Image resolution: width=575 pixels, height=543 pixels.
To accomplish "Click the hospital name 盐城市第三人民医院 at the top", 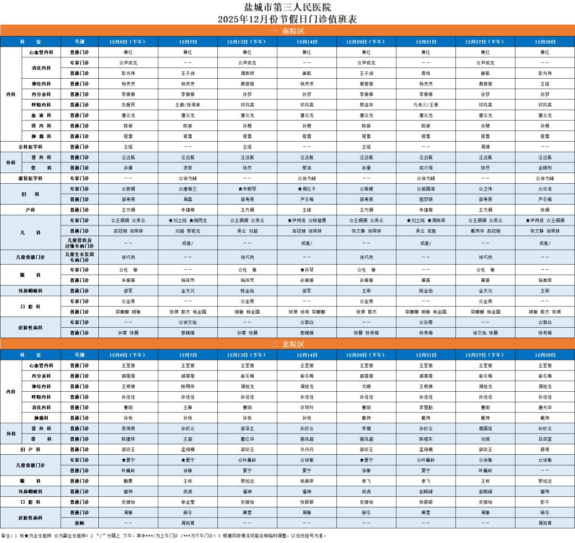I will pyautogui.click(x=287, y=7).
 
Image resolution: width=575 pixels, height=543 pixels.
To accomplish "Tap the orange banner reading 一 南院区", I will pyautogui.click(x=287, y=31).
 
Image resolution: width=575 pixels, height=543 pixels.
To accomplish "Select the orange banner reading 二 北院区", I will pyautogui.click(x=287, y=344).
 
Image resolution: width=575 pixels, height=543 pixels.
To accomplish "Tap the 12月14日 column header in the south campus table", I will pyautogui.click(x=307, y=42).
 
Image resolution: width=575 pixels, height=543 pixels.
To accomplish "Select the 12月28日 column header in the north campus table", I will pyautogui.click(x=545, y=355).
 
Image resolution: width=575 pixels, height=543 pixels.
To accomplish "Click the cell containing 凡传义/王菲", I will pyautogui.click(x=426, y=105).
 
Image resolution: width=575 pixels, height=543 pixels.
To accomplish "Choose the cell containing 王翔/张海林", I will pyautogui.click(x=188, y=105).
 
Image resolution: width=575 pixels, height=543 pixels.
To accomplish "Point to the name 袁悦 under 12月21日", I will pyautogui.click(x=426, y=73).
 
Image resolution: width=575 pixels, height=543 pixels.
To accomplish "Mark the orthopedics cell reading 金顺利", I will pyautogui.click(x=545, y=168).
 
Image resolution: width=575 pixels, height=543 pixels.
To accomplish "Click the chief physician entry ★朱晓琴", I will pyautogui.click(x=247, y=189).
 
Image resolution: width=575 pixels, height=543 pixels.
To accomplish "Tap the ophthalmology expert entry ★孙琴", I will pyautogui.click(x=307, y=270).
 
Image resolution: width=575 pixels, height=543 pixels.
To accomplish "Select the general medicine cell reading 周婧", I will pyautogui.click(x=485, y=147).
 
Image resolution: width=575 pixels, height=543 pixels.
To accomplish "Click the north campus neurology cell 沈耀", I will pyautogui.click(x=366, y=386).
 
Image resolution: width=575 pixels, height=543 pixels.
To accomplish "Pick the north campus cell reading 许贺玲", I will pyautogui.click(x=307, y=407).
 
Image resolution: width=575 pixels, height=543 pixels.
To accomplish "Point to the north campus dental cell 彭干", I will pyautogui.click(x=545, y=502).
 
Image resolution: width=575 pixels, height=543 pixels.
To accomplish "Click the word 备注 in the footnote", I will pyautogui.click(x=6, y=536).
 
